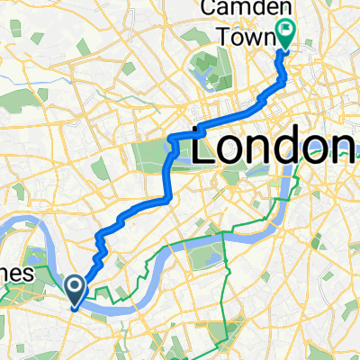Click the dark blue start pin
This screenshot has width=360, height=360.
76,290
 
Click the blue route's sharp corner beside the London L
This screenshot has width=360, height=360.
172,137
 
